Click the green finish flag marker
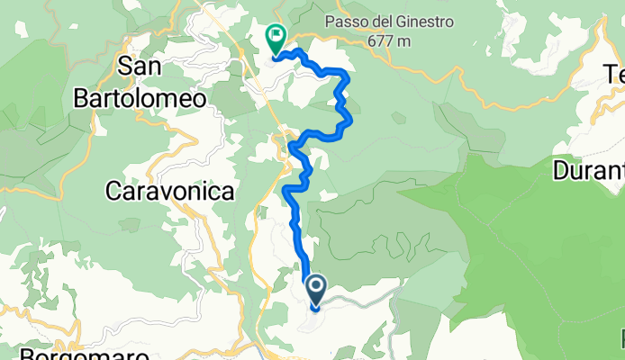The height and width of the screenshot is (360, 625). pyautogui.click(x=275, y=38)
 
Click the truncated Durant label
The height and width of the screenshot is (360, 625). pyautogui.click(x=590, y=169)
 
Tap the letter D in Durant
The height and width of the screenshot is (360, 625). pyautogui.click(x=563, y=169)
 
